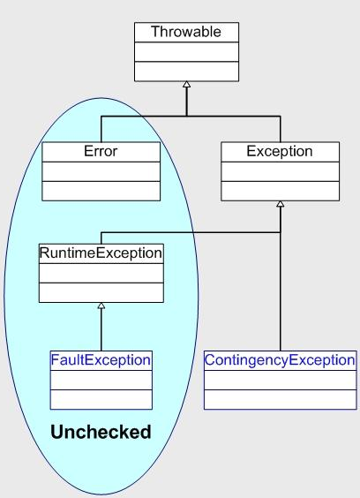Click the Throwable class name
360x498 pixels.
point(185,33)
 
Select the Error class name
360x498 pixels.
point(101,151)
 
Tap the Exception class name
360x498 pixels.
point(279,151)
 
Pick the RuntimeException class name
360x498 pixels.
point(101,253)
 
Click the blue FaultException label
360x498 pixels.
point(101,360)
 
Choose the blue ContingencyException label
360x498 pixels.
point(280,360)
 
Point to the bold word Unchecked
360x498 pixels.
point(101,433)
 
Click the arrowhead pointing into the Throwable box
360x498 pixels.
point(186,85)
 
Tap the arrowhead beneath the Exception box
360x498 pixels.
point(280,204)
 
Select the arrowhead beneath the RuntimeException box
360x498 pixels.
point(101,306)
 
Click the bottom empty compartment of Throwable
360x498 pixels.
point(185,71)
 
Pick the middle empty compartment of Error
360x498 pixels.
point(101,171)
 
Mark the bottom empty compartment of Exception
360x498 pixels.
point(279,191)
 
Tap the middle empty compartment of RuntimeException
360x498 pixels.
point(101,273)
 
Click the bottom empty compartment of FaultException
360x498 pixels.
point(101,399)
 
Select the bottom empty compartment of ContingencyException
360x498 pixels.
point(280,399)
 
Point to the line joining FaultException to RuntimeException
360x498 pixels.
point(101,331)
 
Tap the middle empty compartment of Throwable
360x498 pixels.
point(185,51)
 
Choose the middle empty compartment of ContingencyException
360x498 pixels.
point(280,380)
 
